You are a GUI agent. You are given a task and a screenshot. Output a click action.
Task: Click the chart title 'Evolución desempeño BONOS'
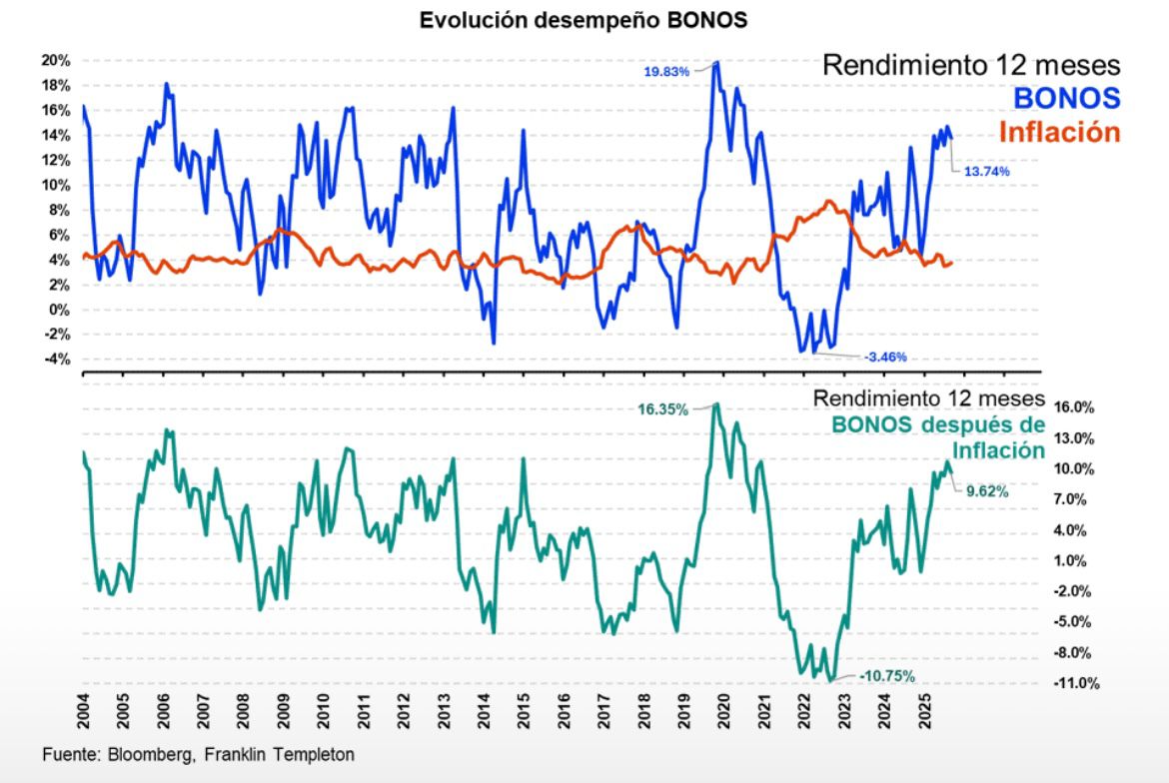584,21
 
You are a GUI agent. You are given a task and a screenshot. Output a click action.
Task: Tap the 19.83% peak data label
666,71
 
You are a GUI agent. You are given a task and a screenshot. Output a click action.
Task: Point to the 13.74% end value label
986,172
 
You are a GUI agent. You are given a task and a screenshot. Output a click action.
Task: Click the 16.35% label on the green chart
663,409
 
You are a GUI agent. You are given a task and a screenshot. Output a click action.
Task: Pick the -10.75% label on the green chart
887,676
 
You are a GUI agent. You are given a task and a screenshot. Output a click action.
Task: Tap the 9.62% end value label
986,491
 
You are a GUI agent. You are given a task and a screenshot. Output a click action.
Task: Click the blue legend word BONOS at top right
1067,98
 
